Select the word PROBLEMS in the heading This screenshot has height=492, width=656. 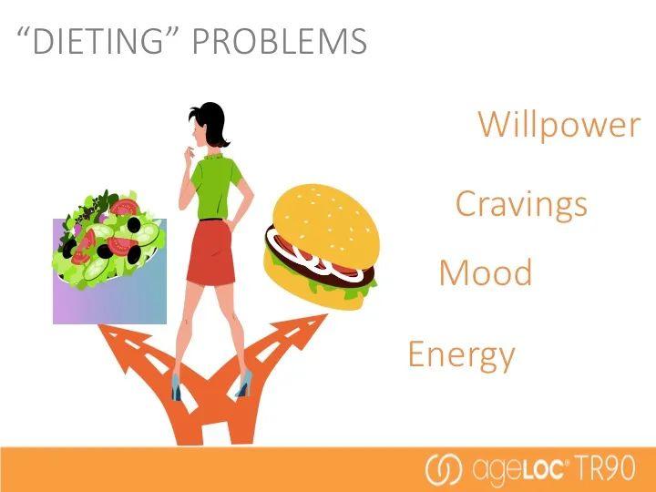(x=280, y=41)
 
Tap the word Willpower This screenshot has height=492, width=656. (x=559, y=124)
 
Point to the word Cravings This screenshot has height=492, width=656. (x=521, y=204)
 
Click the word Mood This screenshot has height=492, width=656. (x=486, y=272)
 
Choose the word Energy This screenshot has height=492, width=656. (x=461, y=355)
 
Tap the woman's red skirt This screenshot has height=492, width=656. (x=210, y=252)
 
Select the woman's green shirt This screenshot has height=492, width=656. (x=216, y=186)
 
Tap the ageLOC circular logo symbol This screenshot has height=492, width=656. (x=444, y=469)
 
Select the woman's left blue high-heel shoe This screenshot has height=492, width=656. (x=177, y=387)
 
